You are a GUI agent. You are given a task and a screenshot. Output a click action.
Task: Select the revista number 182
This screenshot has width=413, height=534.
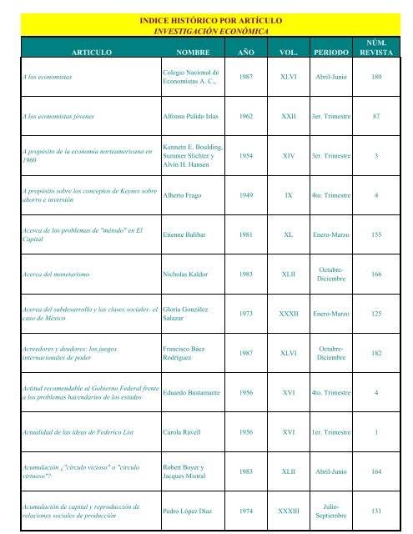(376, 353)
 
